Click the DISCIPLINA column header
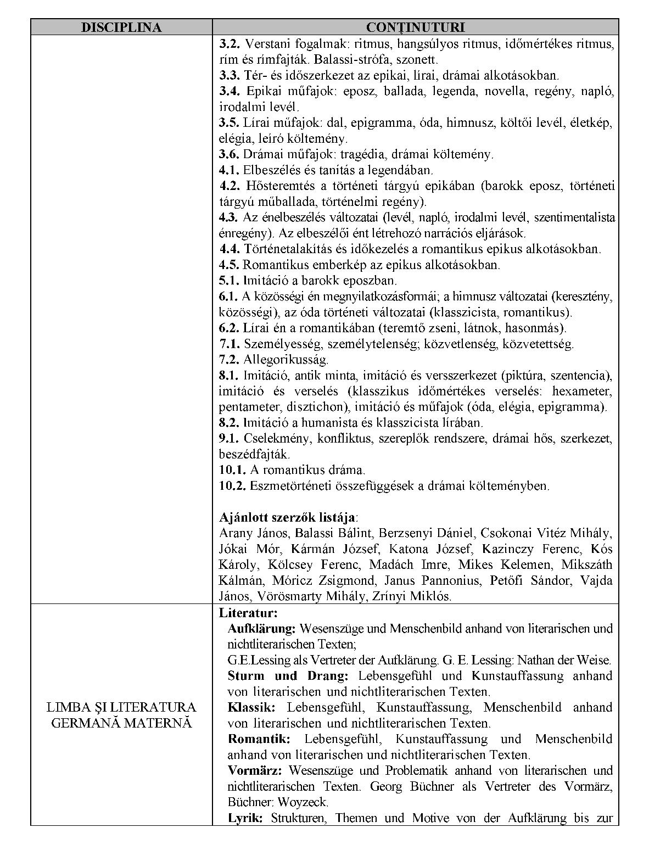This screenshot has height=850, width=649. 121,27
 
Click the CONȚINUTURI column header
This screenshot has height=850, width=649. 415,27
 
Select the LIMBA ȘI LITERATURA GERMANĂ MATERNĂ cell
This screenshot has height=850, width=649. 121,714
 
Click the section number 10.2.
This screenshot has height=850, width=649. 233,485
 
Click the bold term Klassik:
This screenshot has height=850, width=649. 251,707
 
